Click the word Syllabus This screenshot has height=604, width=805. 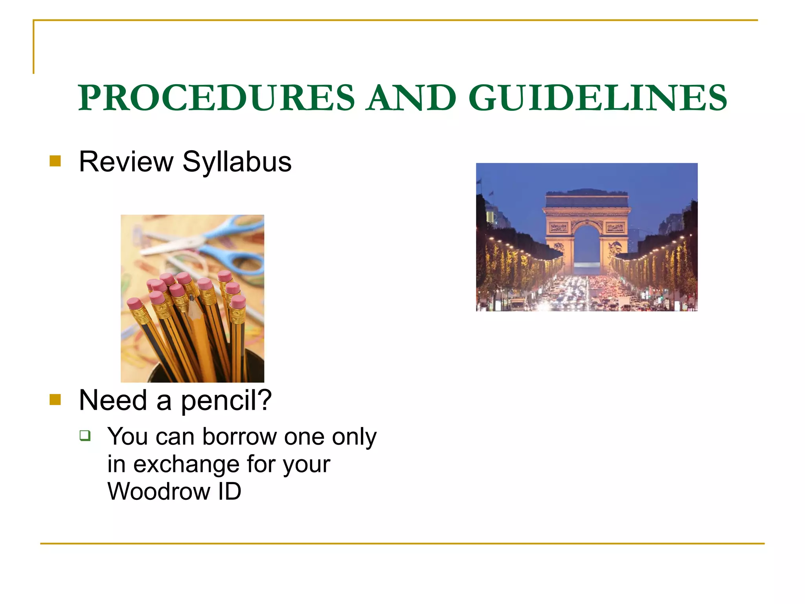pos(237,162)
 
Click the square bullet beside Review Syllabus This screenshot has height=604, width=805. pos(55,161)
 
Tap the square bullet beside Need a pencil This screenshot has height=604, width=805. pos(55,400)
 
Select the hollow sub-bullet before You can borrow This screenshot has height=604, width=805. pos(85,435)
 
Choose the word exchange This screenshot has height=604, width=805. pos(186,464)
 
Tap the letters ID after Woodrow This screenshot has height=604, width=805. pos(230,492)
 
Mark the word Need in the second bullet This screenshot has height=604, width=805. pos(113,400)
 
